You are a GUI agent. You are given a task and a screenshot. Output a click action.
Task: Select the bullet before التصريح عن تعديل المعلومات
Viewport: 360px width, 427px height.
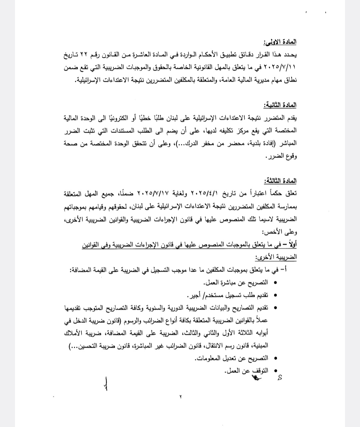click(275, 358)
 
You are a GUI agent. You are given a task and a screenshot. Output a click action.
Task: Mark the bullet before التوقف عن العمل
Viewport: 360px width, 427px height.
click(275, 371)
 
